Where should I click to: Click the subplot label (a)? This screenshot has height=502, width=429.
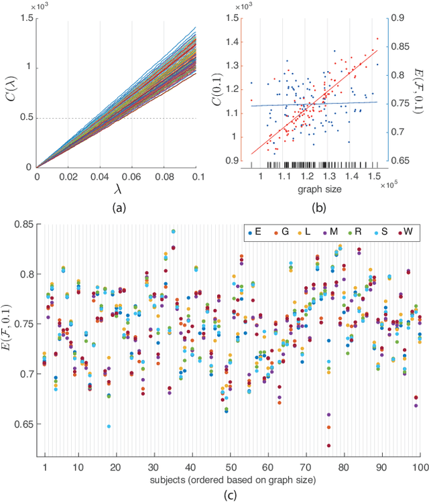coord(118,208)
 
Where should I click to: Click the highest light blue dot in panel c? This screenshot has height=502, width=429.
coord(174,231)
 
